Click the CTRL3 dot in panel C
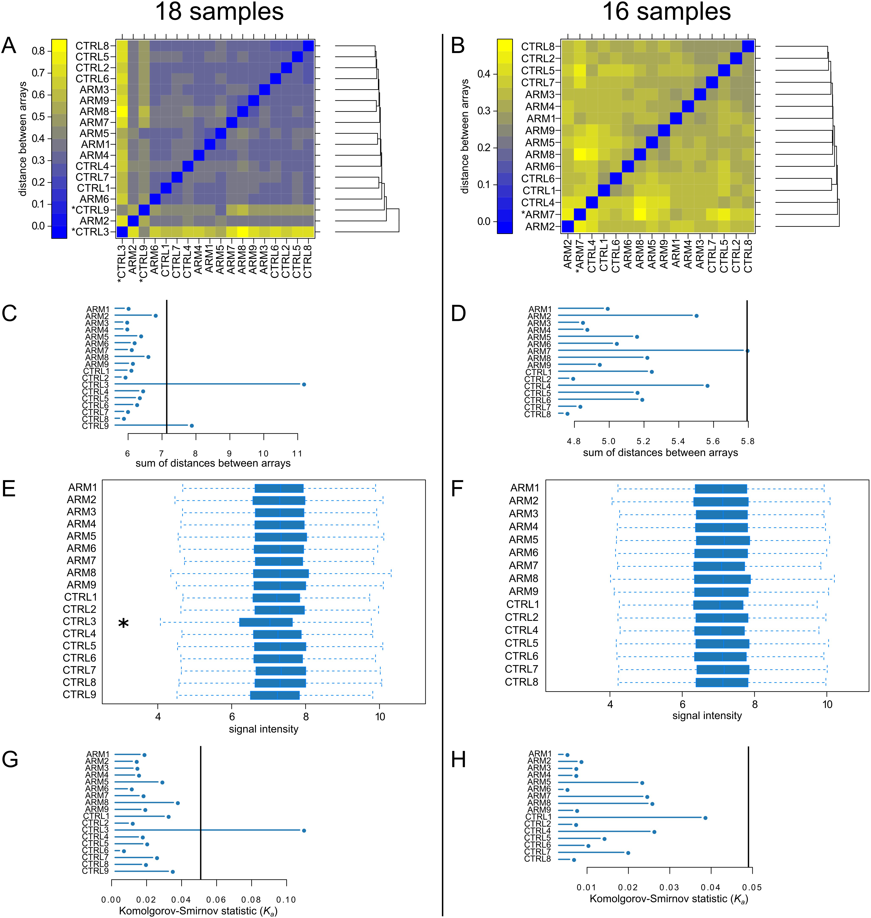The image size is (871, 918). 304,384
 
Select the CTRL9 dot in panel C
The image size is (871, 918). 191,425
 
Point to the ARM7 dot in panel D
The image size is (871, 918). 747,351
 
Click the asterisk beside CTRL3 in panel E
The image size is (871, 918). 123,623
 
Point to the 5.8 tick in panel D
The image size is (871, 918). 747,441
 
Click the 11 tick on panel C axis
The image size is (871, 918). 297,453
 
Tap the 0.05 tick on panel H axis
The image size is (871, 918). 752,887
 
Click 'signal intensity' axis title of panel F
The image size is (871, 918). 707,716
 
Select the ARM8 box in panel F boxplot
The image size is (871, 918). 722,579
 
